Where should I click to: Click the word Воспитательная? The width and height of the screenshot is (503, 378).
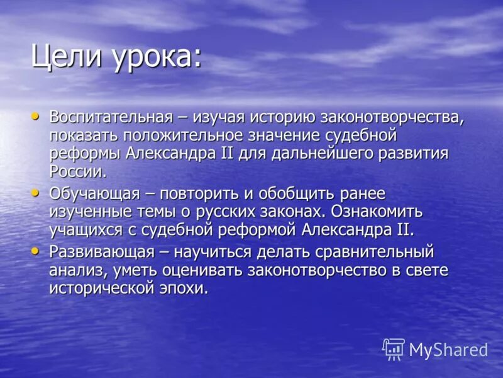[x=111, y=117]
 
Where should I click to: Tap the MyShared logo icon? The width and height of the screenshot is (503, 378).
[x=394, y=349]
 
